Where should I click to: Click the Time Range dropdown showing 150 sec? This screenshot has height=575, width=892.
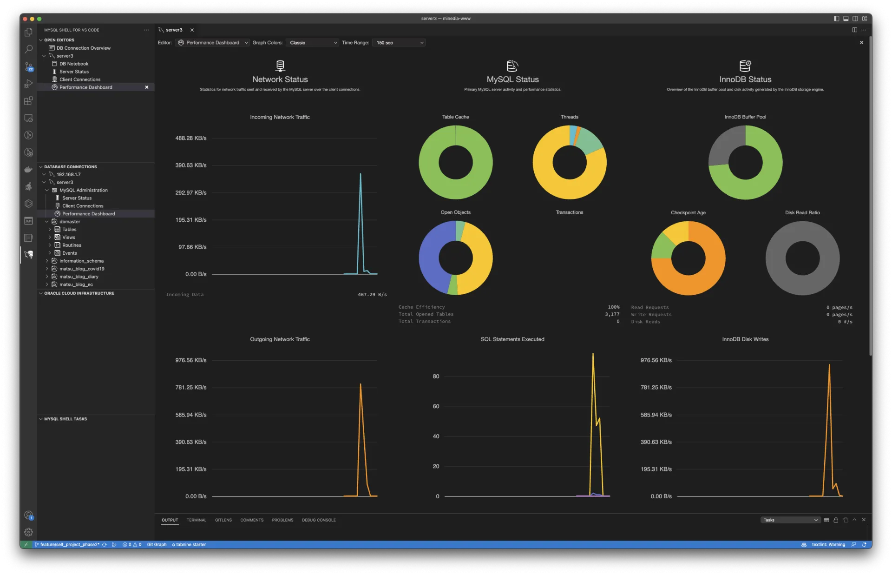click(399, 43)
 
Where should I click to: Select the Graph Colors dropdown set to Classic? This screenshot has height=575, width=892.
click(312, 43)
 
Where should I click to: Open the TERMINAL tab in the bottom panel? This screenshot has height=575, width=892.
click(196, 520)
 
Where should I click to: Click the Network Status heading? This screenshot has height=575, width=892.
click(280, 79)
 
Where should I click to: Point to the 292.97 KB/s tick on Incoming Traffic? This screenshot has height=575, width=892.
click(190, 192)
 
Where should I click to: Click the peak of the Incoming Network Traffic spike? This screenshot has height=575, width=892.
click(361, 174)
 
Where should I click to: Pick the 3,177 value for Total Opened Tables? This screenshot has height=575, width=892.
click(612, 314)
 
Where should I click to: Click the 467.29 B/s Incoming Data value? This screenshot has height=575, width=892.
click(372, 295)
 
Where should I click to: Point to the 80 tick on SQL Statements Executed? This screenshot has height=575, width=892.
click(436, 377)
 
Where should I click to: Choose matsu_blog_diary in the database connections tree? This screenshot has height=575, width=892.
click(79, 277)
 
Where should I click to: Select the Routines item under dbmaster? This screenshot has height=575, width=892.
click(72, 245)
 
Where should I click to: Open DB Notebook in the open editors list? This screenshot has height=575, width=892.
click(74, 64)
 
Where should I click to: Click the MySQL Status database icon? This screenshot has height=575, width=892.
click(512, 66)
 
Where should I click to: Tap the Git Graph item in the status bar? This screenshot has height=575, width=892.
click(157, 545)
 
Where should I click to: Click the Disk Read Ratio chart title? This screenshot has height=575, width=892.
click(802, 212)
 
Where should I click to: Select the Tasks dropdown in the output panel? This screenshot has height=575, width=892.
click(790, 520)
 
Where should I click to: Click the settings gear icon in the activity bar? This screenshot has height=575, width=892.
click(28, 532)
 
